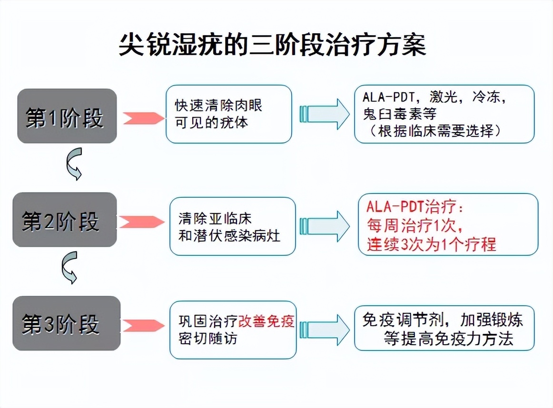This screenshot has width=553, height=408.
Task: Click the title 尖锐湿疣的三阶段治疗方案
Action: coord(272,45)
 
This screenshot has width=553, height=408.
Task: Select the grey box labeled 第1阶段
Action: coord(67,116)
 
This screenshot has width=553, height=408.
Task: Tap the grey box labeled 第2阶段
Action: coord(64,220)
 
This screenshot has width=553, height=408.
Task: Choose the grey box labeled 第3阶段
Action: coord(66,323)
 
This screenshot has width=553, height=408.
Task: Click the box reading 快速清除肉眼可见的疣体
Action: coord(228,114)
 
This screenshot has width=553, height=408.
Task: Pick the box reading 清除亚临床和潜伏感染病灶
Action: coord(233,227)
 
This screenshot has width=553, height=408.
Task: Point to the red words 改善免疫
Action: coord(267,321)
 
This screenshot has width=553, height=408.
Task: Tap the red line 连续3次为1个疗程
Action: coord(431,244)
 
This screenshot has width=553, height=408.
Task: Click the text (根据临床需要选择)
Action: coord(435,131)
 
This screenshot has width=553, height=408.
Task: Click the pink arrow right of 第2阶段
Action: coord(141,222)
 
